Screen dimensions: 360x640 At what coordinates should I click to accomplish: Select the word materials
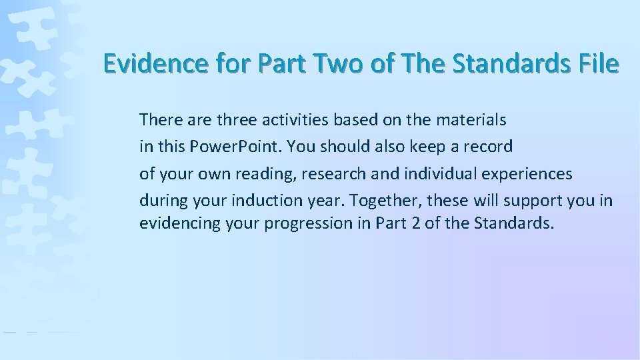(x=471, y=120)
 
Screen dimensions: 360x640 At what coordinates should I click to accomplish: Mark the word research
(x=330, y=173)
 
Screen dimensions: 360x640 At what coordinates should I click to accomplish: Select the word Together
(x=386, y=199)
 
